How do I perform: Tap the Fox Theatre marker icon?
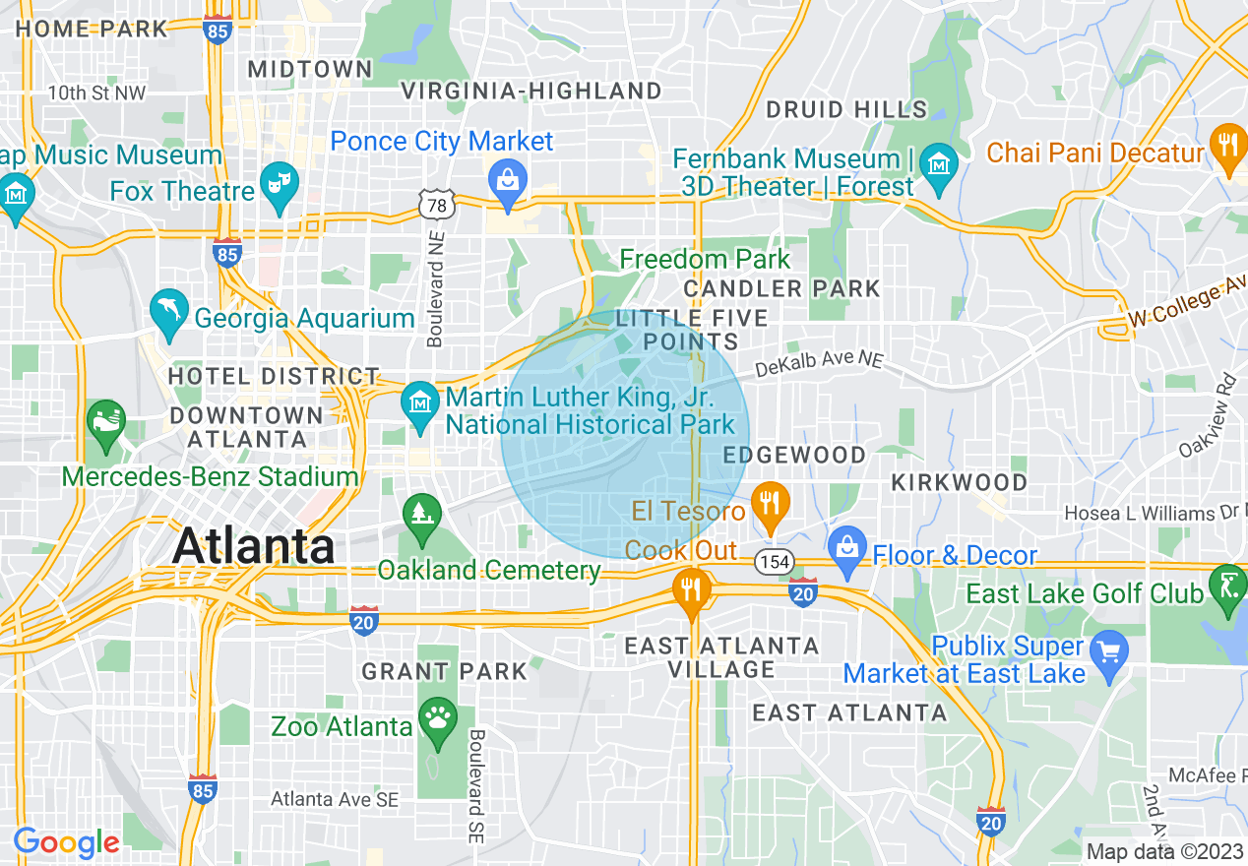coord(280,184)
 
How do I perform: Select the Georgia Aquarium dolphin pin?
coord(169,310)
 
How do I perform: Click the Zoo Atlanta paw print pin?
coord(437,717)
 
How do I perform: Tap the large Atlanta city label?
coord(253,546)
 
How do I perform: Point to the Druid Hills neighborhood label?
coord(845,109)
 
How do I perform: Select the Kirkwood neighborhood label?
coord(959,482)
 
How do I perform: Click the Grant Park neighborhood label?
coord(444,672)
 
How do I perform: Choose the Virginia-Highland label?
coord(531,92)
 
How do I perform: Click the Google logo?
coord(66,843)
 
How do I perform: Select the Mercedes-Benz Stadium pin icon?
coord(104,421)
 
